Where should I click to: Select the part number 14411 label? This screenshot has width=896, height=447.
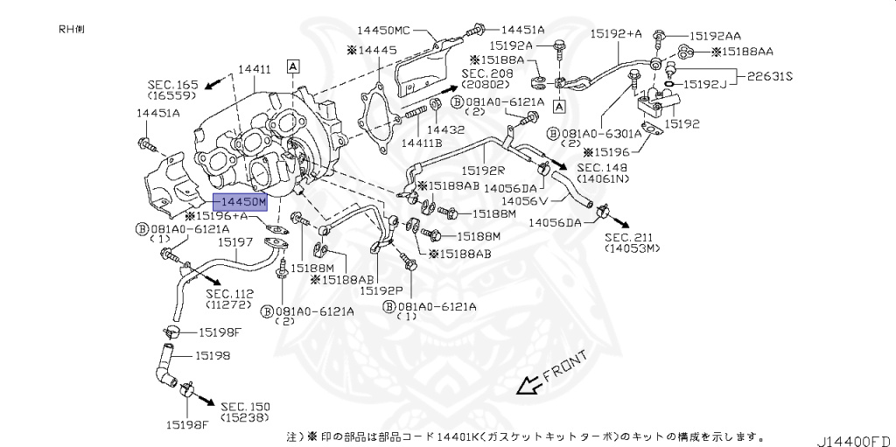[x=255, y=68]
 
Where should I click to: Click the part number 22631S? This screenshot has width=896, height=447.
[x=770, y=76]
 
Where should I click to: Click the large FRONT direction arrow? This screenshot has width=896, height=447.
[x=528, y=384]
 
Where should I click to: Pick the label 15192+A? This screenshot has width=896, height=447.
[x=615, y=33]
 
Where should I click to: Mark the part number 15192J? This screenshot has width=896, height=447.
[x=705, y=84]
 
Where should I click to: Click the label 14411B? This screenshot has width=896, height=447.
[x=422, y=143]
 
